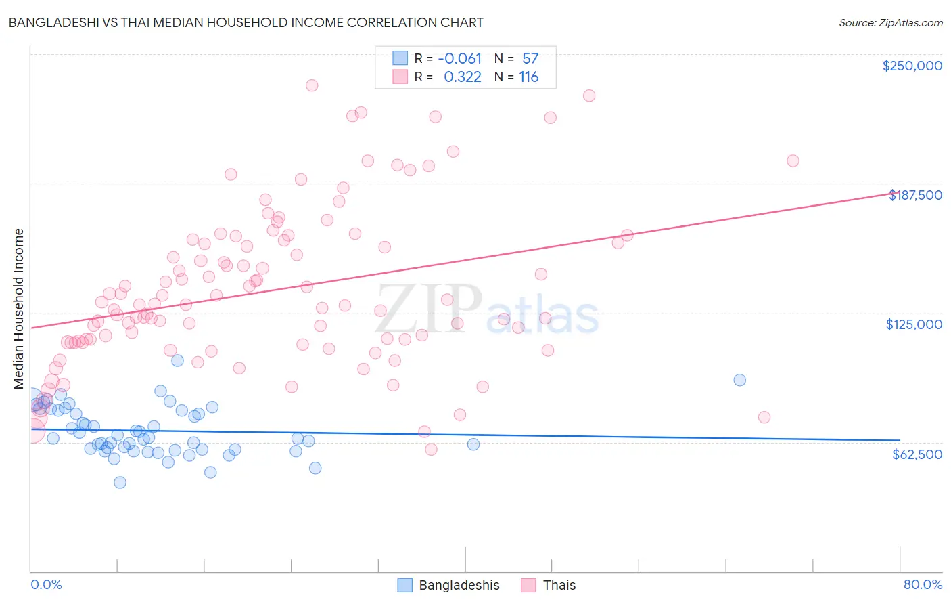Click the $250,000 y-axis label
tap(912, 66)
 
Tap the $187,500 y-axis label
tap(914, 195)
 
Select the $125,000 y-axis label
tap(914, 324)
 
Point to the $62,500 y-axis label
tap(917, 454)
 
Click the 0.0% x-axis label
tap(46, 584)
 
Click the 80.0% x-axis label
tap(923, 584)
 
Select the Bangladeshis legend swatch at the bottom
tap(404, 585)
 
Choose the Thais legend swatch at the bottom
tap(528, 585)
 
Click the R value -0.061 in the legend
tap(460, 59)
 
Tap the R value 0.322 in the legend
tap(463, 77)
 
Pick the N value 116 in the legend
tap(528, 77)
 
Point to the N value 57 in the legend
tap(530, 59)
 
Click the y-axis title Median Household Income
tap(19, 309)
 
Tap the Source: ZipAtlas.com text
tap(890, 22)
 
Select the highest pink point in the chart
tap(312, 85)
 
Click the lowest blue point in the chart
tap(120, 482)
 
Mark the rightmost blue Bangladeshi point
tap(739, 380)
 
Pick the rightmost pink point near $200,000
tap(793, 160)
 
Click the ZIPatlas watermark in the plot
tap(487, 310)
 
